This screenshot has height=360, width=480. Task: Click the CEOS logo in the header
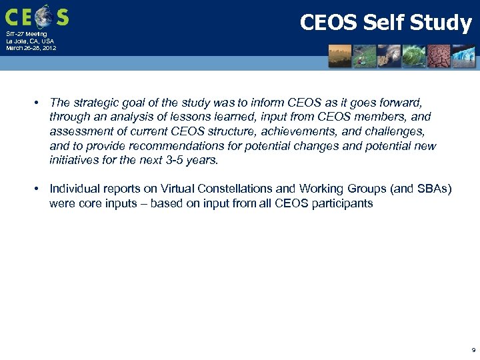(x=37, y=16)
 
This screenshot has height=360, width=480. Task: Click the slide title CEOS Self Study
(x=385, y=23)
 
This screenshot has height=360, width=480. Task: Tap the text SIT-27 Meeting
(x=27, y=34)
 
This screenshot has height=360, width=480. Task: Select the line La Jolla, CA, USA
(x=30, y=41)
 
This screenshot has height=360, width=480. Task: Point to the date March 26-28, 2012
(x=31, y=49)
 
